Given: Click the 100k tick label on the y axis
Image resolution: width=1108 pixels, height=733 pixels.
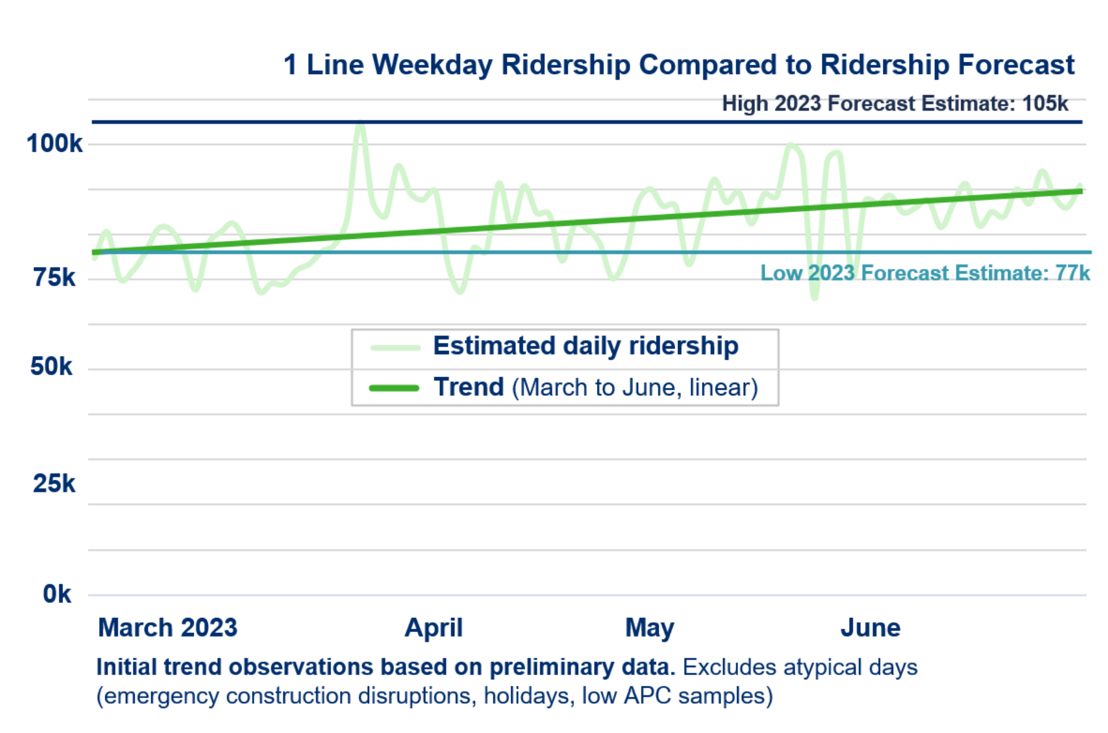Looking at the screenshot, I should [x=54, y=144].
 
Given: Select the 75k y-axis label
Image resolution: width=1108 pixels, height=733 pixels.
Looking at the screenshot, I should [x=54, y=277].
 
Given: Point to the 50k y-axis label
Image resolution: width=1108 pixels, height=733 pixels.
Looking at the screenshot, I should [x=52, y=366].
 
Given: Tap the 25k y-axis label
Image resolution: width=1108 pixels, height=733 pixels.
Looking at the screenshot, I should [x=54, y=483].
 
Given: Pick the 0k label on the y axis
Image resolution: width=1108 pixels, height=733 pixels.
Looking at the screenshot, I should [x=57, y=594].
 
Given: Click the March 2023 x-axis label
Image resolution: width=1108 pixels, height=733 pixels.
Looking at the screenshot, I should [x=167, y=627].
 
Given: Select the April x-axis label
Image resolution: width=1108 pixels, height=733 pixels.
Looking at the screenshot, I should [x=434, y=627].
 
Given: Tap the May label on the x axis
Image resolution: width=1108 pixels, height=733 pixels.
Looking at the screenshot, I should [x=649, y=628].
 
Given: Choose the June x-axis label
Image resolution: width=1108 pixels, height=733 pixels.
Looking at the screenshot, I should [x=870, y=627].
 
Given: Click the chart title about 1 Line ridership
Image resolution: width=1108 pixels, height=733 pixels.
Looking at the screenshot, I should [x=678, y=65].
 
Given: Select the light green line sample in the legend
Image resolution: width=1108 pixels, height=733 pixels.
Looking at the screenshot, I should [x=395, y=347].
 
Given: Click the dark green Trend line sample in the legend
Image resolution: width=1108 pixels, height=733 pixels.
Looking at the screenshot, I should [x=394, y=388].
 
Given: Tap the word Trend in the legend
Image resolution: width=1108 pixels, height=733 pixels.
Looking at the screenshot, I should [x=469, y=387].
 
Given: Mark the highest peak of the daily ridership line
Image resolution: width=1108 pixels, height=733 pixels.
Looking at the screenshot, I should [x=360, y=124].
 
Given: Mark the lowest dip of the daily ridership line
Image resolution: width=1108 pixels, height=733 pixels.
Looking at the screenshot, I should [x=814, y=297].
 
